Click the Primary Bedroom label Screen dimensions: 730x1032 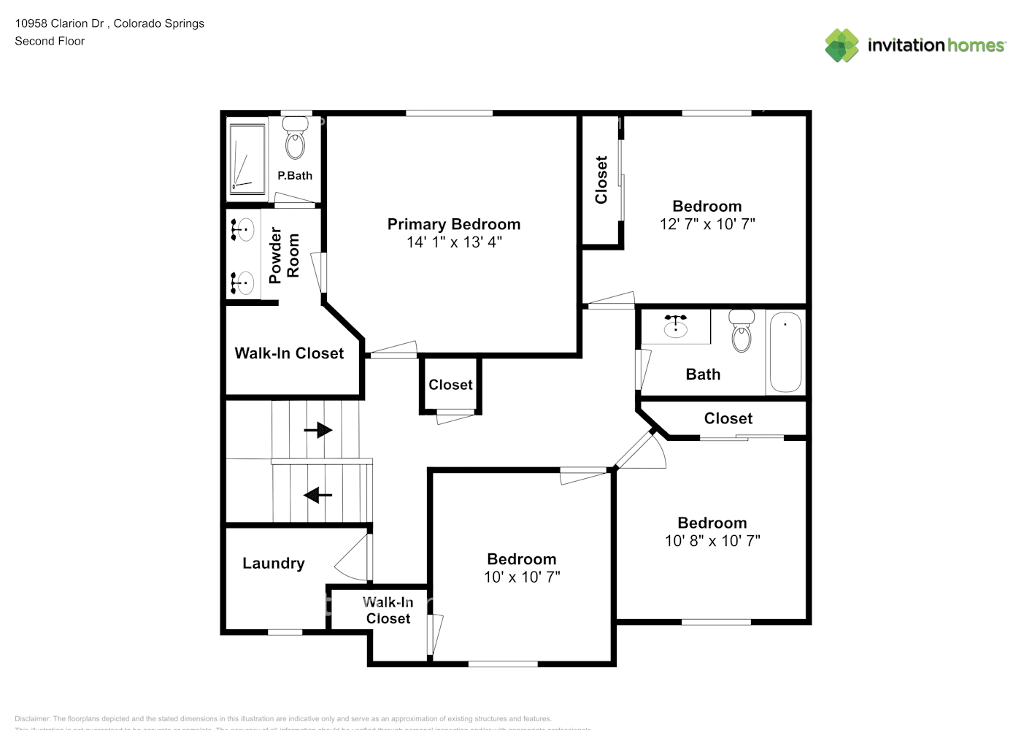click(x=453, y=224)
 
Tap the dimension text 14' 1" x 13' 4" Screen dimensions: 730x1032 click(x=453, y=242)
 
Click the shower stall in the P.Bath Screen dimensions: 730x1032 click(x=247, y=158)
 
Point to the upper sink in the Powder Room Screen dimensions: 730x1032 click(x=242, y=230)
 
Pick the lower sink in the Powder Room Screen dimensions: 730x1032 click(x=242, y=282)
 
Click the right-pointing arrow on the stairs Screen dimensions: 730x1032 click(x=317, y=430)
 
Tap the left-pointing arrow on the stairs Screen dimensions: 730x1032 click(x=317, y=496)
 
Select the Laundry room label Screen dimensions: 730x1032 click(x=273, y=563)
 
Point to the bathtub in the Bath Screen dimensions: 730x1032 click(x=785, y=352)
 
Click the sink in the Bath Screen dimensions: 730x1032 click(x=676, y=326)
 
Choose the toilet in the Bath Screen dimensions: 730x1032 click(x=742, y=333)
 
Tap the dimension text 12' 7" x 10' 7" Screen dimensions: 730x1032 click(x=706, y=225)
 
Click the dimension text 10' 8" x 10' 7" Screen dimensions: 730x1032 click(x=712, y=541)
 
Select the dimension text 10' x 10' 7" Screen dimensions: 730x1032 click(x=521, y=577)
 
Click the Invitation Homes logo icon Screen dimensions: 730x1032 click(x=842, y=45)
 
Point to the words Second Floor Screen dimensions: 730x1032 click(x=50, y=41)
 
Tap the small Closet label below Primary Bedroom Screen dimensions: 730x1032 click(x=450, y=385)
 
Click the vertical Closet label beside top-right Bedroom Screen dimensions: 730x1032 click(x=601, y=180)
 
